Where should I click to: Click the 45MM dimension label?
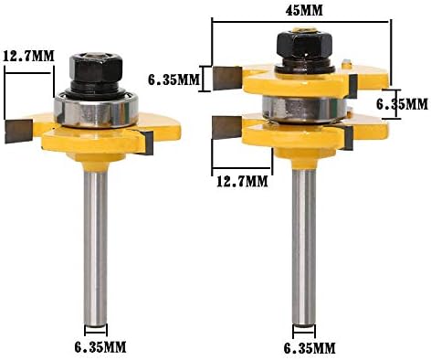[304, 11]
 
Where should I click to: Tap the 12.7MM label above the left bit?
[28, 56]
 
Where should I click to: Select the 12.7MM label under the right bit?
[242, 182]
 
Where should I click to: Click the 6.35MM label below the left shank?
[100, 347]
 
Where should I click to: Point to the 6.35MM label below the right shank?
[310, 347]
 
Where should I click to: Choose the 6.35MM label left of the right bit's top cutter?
[173, 79]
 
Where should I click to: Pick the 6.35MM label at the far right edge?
[402, 104]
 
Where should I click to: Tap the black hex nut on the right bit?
[304, 45]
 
